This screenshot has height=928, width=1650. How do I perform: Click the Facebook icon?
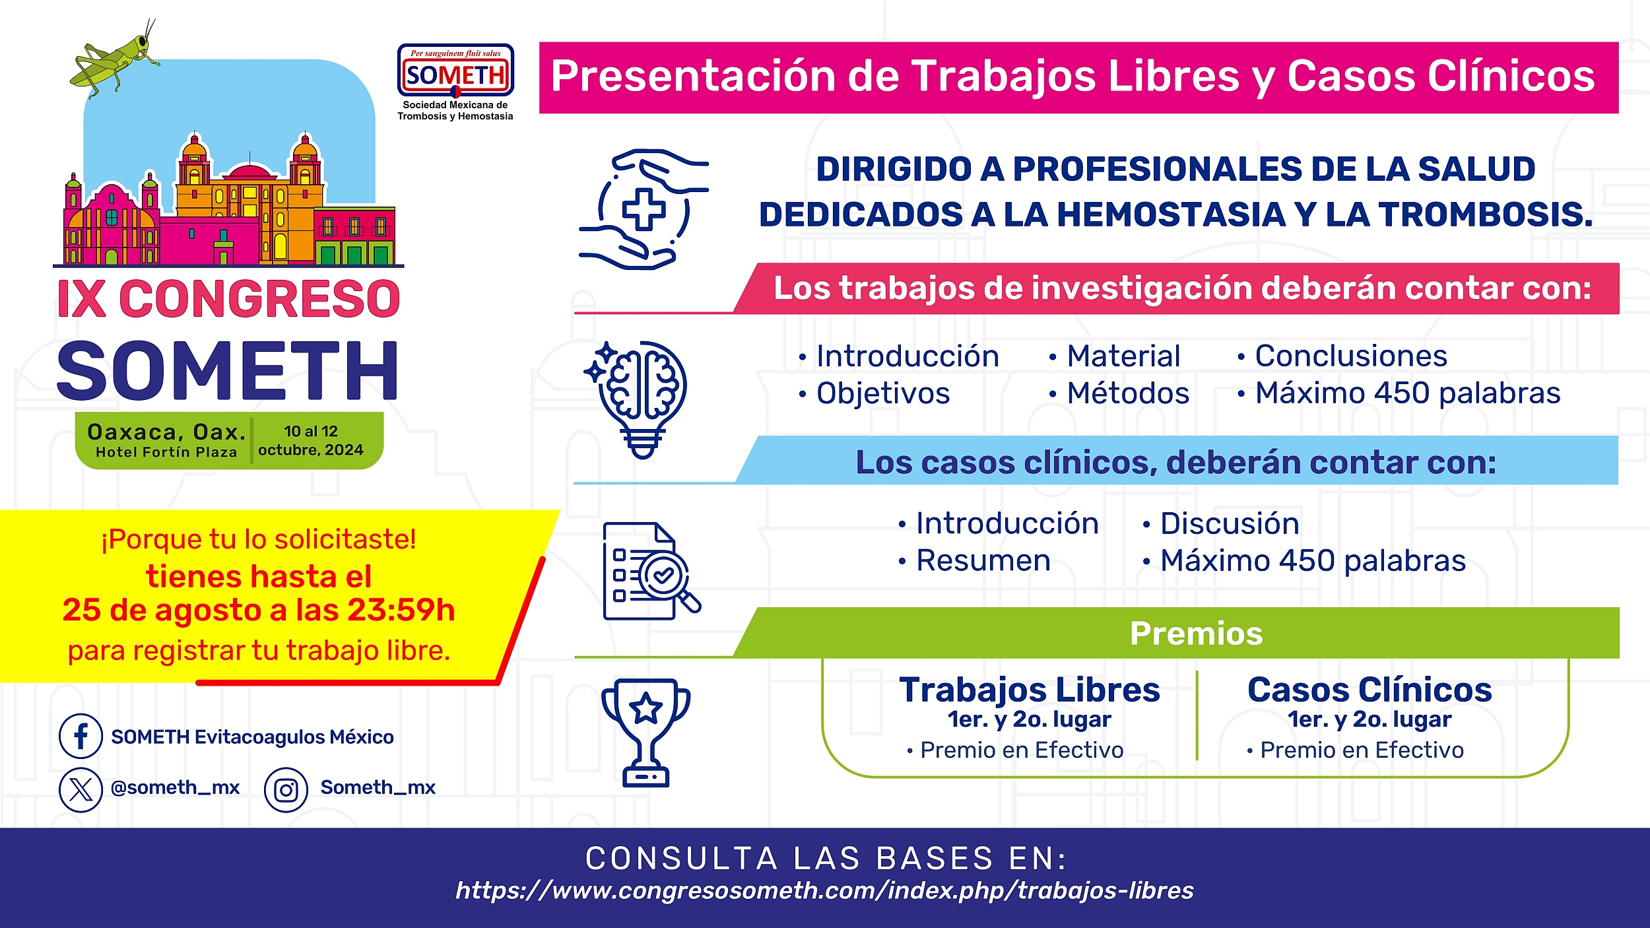click(81, 735)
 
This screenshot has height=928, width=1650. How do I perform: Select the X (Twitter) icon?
click(81, 789)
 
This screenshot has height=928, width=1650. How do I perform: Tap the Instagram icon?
click(286, 789)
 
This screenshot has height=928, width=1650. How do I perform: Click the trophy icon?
click(645, 733)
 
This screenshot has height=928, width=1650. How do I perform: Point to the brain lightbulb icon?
click(636, 399)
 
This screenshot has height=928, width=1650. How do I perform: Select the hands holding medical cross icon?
click(643, 209)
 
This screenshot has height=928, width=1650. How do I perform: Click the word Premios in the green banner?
click(1196, 634)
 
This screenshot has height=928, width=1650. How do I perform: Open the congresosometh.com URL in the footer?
click(824, 890)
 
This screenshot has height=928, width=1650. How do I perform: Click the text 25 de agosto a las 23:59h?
click(259, 610)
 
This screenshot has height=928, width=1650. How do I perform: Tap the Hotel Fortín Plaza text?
click(166, 452)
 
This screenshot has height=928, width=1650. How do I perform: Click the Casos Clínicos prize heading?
click(1369, 690)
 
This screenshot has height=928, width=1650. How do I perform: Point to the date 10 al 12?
click(311, 431)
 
